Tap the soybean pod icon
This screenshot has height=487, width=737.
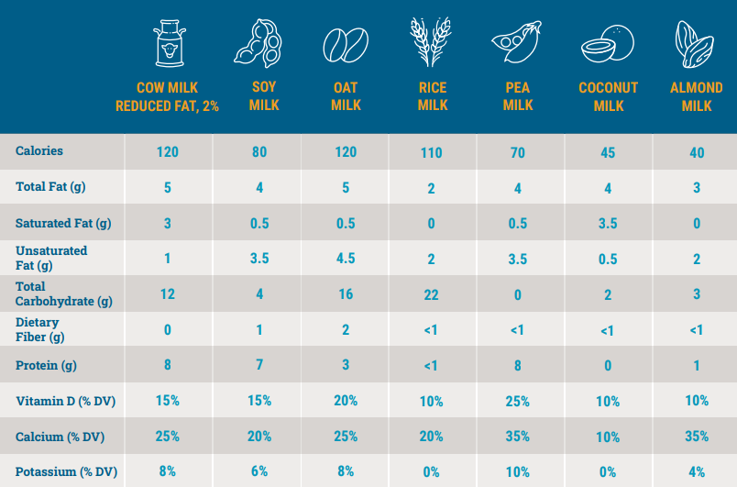click(x=258, y=43)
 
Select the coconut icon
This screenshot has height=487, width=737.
click(x=607, y=44)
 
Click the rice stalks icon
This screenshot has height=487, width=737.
click(x=433, y=42)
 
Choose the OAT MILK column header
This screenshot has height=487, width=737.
click(x=346, y=96)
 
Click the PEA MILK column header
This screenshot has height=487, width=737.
click(x=518, y=96)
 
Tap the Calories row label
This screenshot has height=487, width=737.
click(x=39, y=150)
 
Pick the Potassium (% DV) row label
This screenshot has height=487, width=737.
click(x=65, y=472)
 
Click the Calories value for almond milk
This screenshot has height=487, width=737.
click(x=697, y=153)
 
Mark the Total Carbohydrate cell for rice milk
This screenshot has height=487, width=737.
click(x=432, y=295)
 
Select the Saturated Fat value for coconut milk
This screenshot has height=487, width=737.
click(x=607, y=224)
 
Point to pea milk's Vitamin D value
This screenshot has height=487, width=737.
click(x=518, y=402)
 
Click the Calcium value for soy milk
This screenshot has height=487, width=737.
click(x=259, y=437)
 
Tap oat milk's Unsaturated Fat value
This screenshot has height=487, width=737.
click(x=346, y=259)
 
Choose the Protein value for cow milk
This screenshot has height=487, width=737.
click(x=168, y=366)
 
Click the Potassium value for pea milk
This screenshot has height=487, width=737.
click(x=518, y=472)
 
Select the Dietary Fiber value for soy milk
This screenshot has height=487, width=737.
click(x=259, y=330)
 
